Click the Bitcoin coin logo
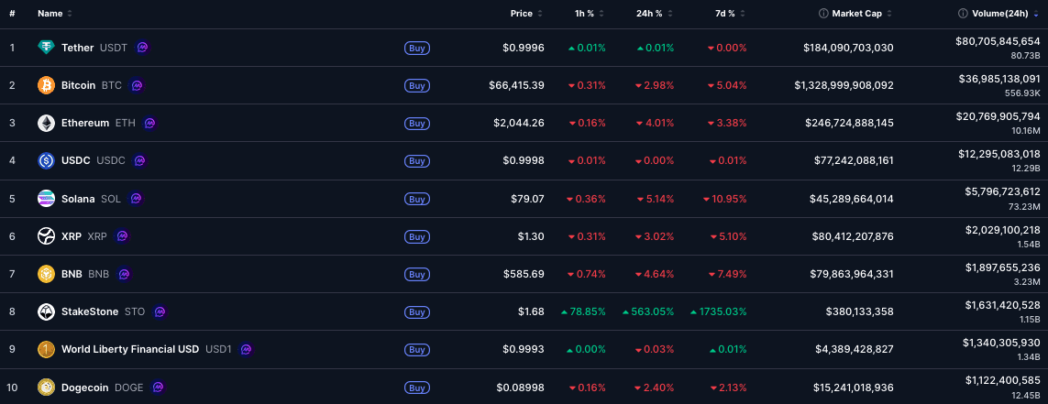tap(46, 85)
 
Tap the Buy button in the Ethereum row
tap(416, 123)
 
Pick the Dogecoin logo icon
tap(46, 388)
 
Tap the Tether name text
tap(78, 48)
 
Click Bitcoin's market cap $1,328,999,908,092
tap(844, 85)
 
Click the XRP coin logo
tap(46, 236)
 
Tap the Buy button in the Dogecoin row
tap(416, 388)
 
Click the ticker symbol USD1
tap(219, 349)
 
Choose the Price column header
tap(522, 14)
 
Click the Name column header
tap(50, 14)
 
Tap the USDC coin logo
tap(46, 161)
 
